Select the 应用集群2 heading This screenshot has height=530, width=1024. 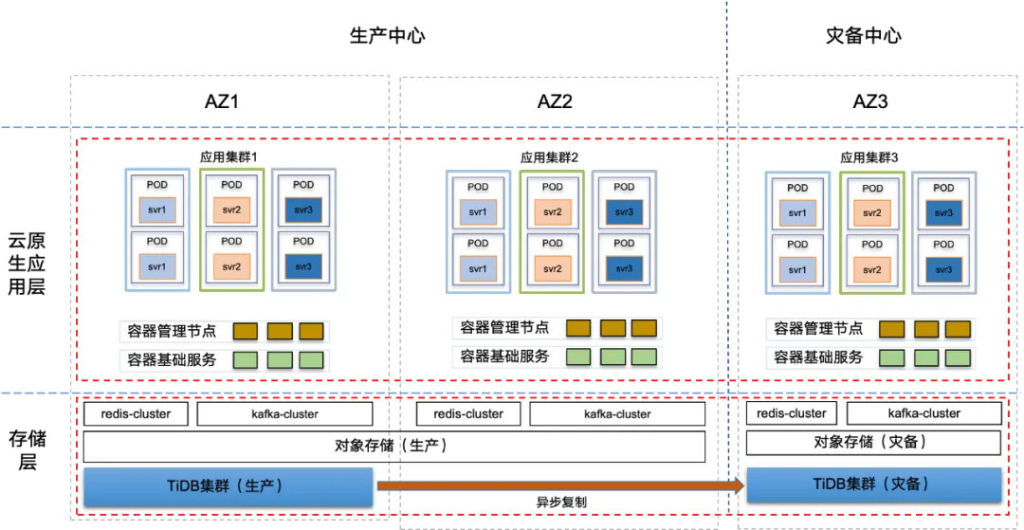tap(549, 156)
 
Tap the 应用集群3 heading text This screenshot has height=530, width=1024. tap(869, 157)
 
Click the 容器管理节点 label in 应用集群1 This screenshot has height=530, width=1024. tap(172, 331)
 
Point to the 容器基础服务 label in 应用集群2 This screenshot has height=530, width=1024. tap(504, 356)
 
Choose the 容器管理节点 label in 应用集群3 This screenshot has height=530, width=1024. tap(818, 329)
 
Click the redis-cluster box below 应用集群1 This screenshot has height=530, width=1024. tap(136, 413)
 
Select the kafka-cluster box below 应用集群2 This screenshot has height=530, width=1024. tap(617, 413)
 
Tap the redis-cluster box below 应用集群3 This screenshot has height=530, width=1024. tap(792, 412)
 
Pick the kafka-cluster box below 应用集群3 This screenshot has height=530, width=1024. tap(923, 412)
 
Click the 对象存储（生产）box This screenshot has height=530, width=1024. tap(393, 446)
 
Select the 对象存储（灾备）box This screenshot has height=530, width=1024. tap(872, 442)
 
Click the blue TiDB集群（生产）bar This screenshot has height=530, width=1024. tap(229, 486)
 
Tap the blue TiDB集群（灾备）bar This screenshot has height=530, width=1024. tap(873, 484)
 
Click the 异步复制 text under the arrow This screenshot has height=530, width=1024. tap(563, 503)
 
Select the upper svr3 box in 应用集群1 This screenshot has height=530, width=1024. tap(303, 210)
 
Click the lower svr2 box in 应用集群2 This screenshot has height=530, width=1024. tap(552, 269)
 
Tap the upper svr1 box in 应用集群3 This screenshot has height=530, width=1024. tap(797, 213)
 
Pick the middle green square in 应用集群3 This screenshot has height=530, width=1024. tap(925, 357)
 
